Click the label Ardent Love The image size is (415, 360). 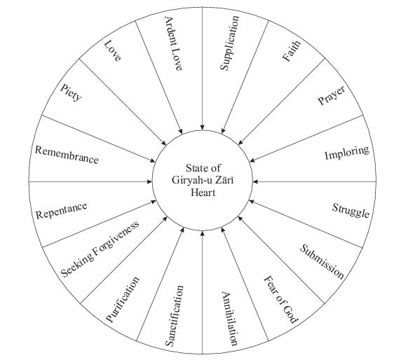pos(173,43)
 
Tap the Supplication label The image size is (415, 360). pos(230,43)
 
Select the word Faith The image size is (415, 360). pos(292,51)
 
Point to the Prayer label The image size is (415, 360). pos(332,95)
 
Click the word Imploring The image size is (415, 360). pos(347,153)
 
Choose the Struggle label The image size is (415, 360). pos(351,211)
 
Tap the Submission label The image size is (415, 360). pos(322,262)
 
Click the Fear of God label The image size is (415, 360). pos(281,300)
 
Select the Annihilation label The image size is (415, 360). pos(229,319)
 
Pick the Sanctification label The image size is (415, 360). pos(174,316)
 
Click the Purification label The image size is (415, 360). pos(123,300)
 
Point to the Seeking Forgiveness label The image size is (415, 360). pos(100,249)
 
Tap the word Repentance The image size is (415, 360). pos(62,211)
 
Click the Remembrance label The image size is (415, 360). pos(67,155)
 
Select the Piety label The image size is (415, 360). pos(71,92)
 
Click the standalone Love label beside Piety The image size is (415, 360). pos(113,51)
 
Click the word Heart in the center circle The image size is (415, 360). pos(203,193)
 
